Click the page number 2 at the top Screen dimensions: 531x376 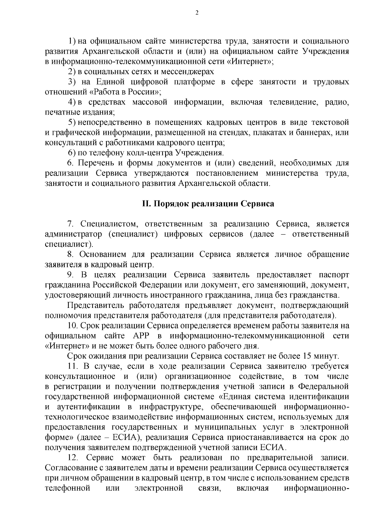click(x=197, y=13)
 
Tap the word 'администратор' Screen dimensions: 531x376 click(x=73, y=234)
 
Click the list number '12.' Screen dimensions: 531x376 click(x=72, y=458)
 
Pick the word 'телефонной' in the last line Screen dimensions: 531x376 click(x=68, y=488)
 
